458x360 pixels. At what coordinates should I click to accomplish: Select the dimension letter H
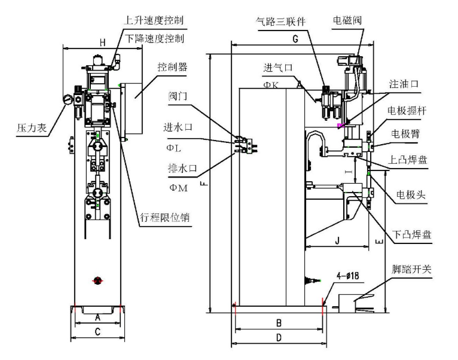(102, 42)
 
